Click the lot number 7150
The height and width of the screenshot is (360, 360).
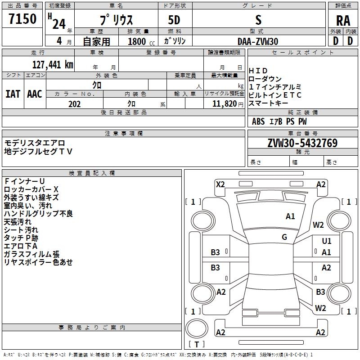[x=22, y=19]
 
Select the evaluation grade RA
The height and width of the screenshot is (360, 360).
[x=343, y=21]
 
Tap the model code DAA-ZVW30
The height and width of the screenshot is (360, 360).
[x=258, y=41]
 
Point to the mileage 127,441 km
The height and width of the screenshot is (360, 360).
[x=53, y=64]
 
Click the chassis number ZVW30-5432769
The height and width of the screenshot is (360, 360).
[x=302, y=143]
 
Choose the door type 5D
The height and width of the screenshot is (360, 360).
[x=174, y=20]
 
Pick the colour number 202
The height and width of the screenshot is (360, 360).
[x=74, y=104]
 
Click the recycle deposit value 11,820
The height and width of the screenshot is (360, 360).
[x=223, y=104]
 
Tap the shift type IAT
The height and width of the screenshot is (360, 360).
[x=13, y=94]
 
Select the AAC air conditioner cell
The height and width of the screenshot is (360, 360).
[x=34, y=94]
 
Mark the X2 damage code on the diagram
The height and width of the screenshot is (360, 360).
[x=220, y=184]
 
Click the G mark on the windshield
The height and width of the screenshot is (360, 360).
[x=284, y=237]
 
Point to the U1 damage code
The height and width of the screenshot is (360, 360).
[x=327, y=241]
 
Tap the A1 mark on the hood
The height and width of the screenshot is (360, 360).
[x=290, y=216]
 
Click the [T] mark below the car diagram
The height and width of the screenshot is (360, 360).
[x=197, y=345]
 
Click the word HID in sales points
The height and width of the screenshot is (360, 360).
[x=258, y=71]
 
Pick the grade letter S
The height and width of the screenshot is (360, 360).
[x=258, y=20]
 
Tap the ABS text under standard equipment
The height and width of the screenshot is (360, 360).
[x=258, y=121]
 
